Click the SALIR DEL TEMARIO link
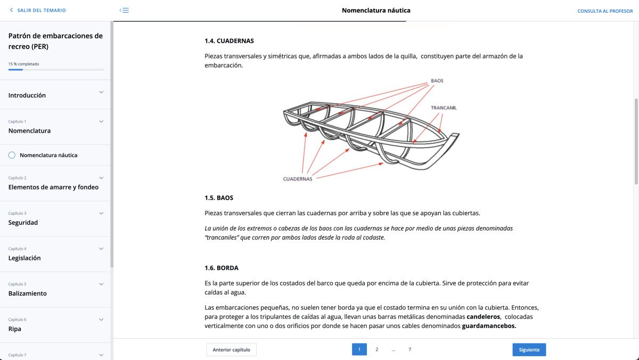click(x=38, y=10)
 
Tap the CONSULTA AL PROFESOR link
click(x=605, y=11)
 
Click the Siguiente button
click(x=529, y=350)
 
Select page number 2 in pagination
click(x=376, y=350)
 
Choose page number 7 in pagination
click(x=409, y=350)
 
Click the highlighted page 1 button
click(x=359, y=350)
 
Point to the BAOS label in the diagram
click(x=437, y=81)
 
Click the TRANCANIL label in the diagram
click(x=444, y=108)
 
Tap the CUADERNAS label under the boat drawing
click(x=298, y=179)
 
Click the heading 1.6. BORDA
click(x=221, y=268)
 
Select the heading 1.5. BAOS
click(x=219, y=198)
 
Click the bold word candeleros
click(x=483, y=316)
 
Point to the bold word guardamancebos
click(x=489, y=326)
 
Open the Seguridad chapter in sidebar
click(x=23, y=223)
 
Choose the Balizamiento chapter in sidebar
click(x=28, y=293)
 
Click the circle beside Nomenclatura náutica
click(x=12, y=155)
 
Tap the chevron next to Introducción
click(x=101, y=93)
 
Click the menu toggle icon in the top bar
click(x=124, y=10)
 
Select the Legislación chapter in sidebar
click(x=24, y=258)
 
